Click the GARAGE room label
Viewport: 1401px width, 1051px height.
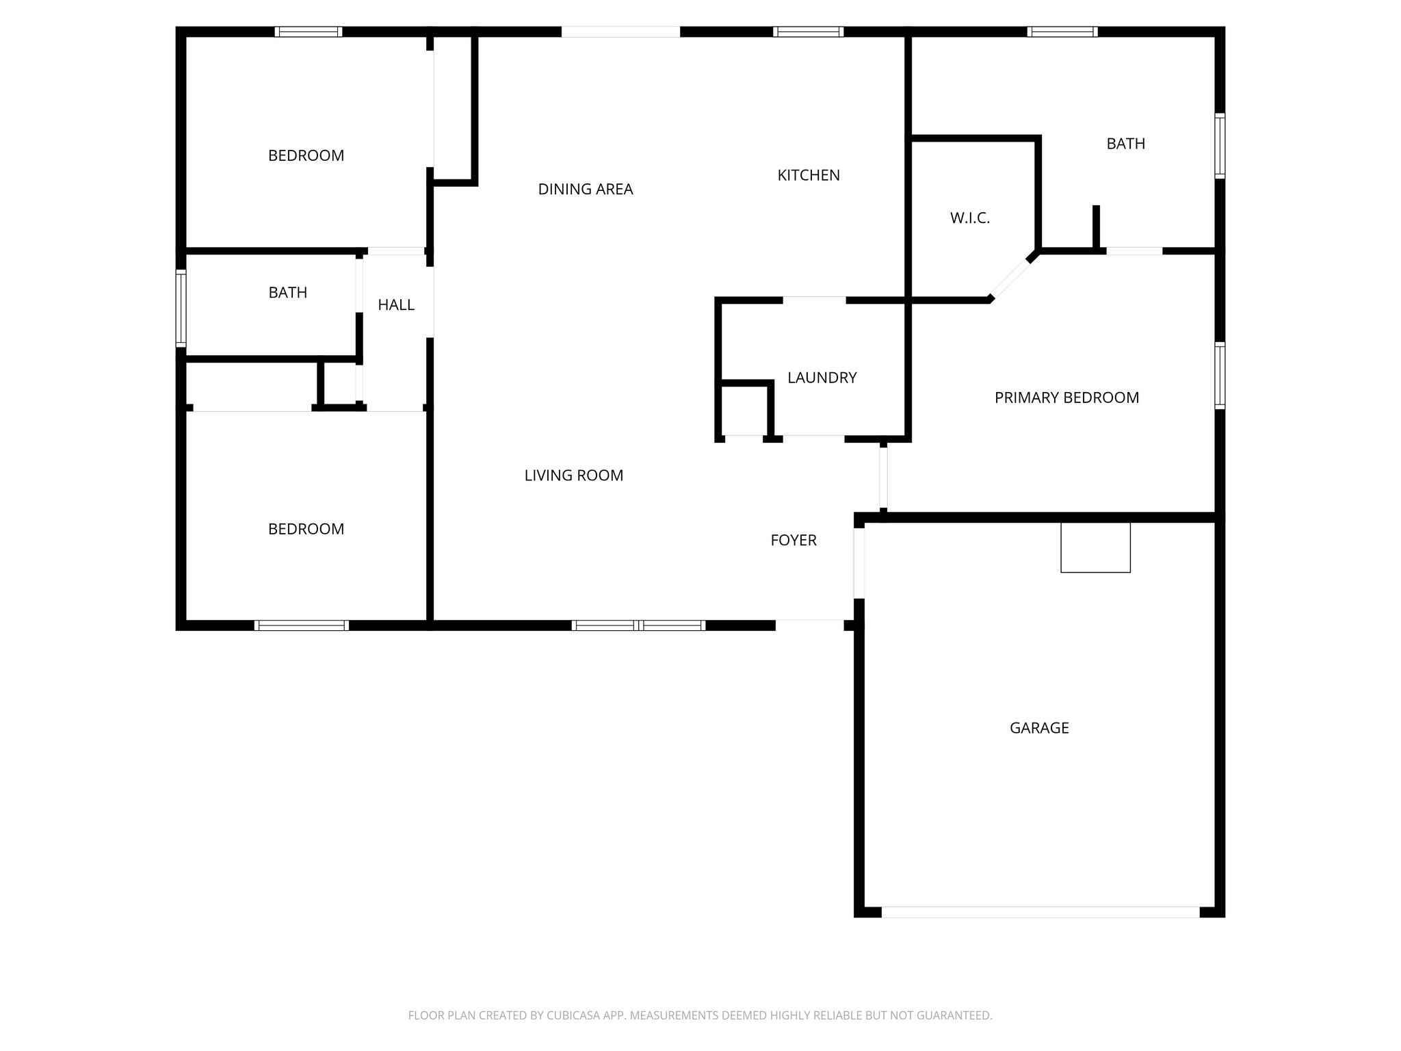[1038, 728]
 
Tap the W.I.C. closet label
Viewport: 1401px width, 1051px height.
[969, 218]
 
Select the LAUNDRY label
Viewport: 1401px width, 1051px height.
[822, 378]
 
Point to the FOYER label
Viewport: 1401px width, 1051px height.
[793, 541]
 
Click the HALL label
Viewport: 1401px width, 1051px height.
[396, 305]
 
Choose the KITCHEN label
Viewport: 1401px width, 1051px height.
[808, 175]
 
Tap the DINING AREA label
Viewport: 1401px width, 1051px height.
[585, 190]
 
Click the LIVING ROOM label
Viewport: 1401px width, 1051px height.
[573, 476]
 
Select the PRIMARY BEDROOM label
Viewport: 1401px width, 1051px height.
[1066, 398]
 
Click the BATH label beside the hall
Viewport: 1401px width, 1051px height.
[287, 293]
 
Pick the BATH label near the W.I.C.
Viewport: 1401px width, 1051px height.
[1125, 144]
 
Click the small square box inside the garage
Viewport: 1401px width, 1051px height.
[1095, 547]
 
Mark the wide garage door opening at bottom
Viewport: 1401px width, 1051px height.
[1040, 912]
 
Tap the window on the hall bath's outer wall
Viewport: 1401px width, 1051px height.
[181, 307]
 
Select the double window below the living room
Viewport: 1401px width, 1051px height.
[638, 625]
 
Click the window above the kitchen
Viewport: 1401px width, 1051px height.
[808, 31]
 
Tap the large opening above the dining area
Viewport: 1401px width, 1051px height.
[620, 31]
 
